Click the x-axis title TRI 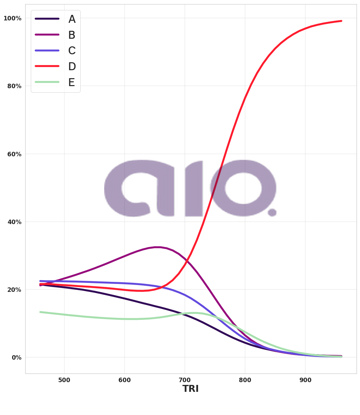(190, 389)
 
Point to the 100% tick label (12, 18)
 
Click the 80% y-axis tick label (14, 86)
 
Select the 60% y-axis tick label (14, 154)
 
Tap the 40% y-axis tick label (14, 222)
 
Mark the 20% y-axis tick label (14, 290)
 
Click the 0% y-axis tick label (16, 358)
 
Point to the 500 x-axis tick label (64, 380)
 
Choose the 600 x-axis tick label (125, 380)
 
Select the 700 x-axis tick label (185, 380)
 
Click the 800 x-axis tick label (245, 380)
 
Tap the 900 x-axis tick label (305, 380)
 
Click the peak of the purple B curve (157, 247)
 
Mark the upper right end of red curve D (341, 21)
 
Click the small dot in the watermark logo (272, 212)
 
